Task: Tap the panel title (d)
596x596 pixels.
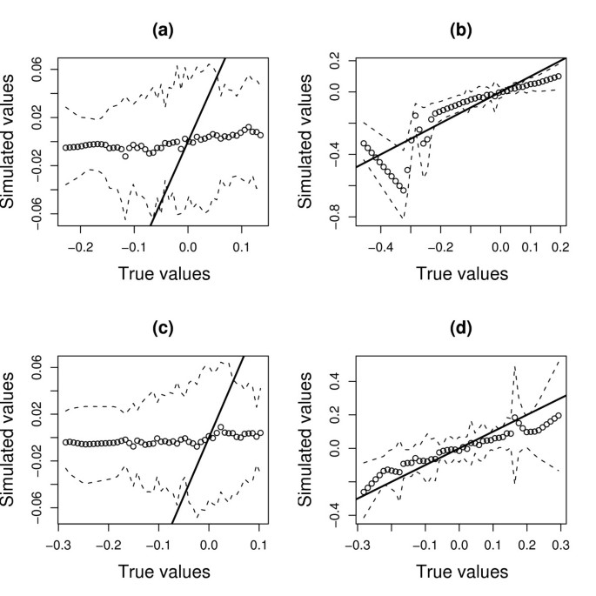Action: point(459,328)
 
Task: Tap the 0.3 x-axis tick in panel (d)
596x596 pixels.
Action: point(559,546)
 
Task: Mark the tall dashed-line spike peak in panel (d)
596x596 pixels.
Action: point(515,366)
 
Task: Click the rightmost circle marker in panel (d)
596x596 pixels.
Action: point(559,415)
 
